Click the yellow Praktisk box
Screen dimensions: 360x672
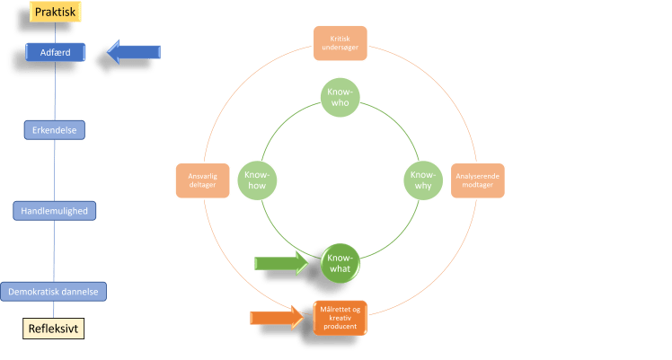pos(56,12)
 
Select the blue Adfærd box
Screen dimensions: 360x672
pos(56,53)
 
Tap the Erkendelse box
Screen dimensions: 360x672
pos(54,130)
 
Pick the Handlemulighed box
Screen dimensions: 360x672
pos(55,211)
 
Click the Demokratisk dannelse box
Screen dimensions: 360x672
pos(55,292)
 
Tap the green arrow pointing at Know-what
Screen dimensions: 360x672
pos(281,262)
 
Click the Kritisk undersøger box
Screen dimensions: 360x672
pos(340,43)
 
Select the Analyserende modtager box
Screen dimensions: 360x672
pos(477,180)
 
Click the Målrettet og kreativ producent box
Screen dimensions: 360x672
pos(340,317)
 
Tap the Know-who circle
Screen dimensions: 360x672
pos(340,97)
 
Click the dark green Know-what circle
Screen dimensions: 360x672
pos(340,263)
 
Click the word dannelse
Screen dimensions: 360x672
pos(79,293)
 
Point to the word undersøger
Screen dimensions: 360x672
pos(340,48)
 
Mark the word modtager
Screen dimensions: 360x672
pos(477,184)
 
